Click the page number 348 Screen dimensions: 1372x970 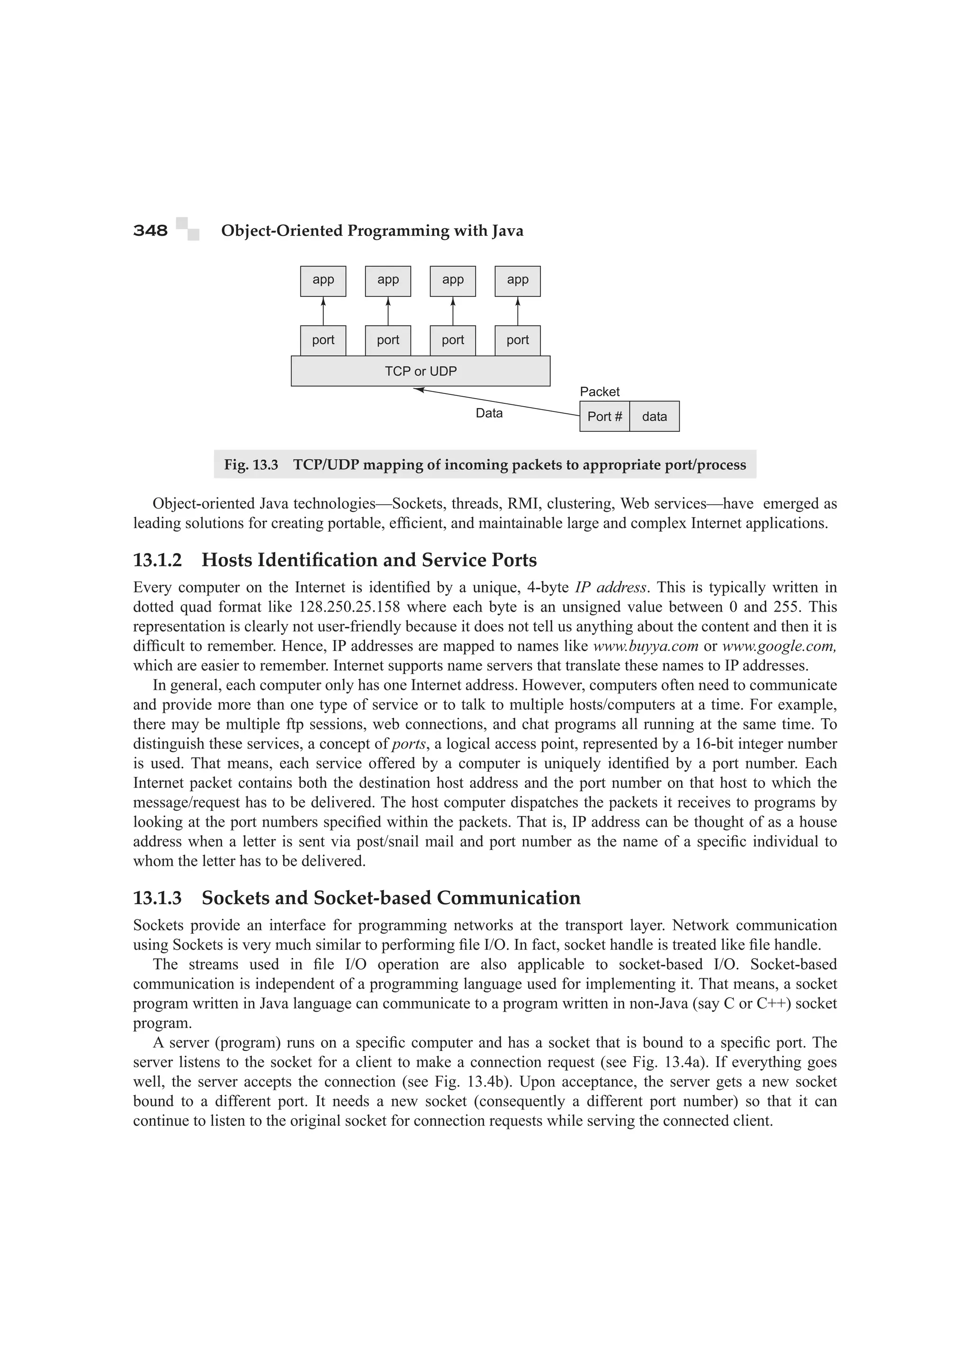(150, 231)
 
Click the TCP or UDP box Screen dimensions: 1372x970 (420, 371)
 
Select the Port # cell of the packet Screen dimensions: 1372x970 (604, 417)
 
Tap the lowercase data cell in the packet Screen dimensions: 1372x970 (655, 417)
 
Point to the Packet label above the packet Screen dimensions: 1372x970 (600, 392)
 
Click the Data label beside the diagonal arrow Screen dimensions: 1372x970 (489, 413)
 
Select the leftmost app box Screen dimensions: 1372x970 (323, 281)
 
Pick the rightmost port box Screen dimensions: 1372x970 (518, 340)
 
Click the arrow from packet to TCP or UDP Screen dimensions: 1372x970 (496, 401)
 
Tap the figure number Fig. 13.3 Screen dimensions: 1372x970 (251, 465)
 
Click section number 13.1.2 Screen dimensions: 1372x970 (157, 560)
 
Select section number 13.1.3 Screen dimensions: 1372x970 (157, 898)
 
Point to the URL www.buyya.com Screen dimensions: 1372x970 (646, 646)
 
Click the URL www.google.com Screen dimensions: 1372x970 (779, 646)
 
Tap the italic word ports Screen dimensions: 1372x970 (409, 744)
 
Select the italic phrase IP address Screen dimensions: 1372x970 (610, 588)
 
